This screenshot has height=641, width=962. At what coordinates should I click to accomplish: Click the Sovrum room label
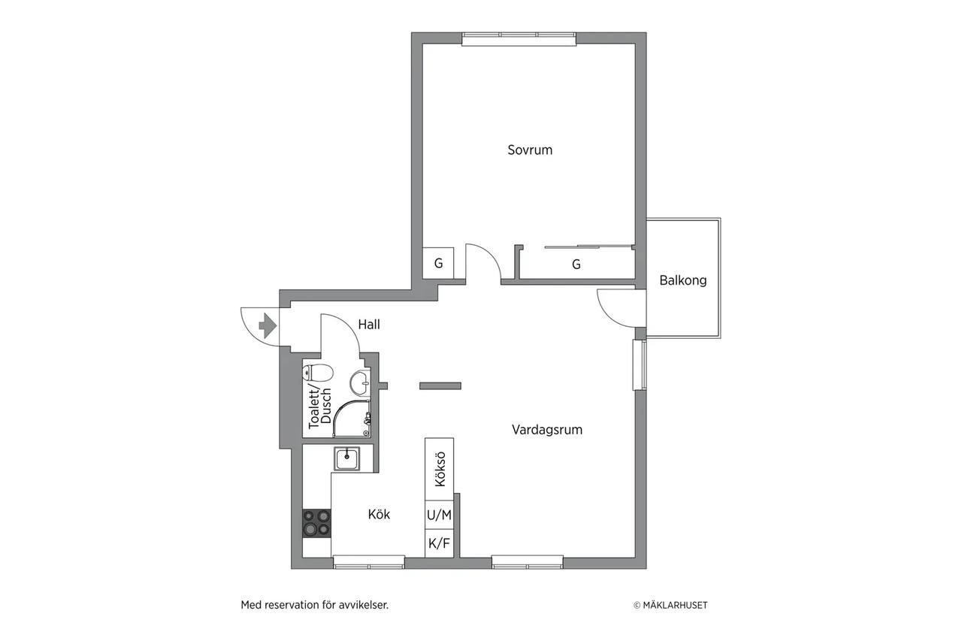[x=530, y=150]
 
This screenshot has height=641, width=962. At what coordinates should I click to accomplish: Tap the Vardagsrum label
[x=546, y=429]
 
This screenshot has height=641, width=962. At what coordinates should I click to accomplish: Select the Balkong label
[x=683, y=280]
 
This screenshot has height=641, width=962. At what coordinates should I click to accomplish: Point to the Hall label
[x=369, y=325]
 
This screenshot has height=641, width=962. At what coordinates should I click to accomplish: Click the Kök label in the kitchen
[x=379, y=514]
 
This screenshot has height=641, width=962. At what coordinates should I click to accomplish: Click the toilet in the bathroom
[x=318, y=372]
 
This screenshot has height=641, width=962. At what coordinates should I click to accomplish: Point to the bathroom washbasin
[x=360, y=382]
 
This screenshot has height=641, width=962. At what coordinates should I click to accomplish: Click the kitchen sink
[x=347, y=458]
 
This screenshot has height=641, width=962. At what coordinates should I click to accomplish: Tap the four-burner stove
[x=316, y=523]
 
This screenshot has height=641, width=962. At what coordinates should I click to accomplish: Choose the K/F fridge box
[x=439, y=543]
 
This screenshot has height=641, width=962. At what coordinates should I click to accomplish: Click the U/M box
[x=439, y=515]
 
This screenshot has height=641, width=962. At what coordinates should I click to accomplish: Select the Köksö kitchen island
[x=439, y=469]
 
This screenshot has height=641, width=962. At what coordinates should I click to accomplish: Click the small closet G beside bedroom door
[x=438, y=263]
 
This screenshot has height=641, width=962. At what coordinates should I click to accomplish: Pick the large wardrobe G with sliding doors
[x=576, y=264]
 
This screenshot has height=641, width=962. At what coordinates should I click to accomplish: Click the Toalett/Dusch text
[x=320, y=408]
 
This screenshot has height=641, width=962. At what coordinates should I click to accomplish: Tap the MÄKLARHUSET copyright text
[x=670, y=606]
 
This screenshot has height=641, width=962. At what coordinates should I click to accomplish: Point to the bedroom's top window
[x=519, y=39]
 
